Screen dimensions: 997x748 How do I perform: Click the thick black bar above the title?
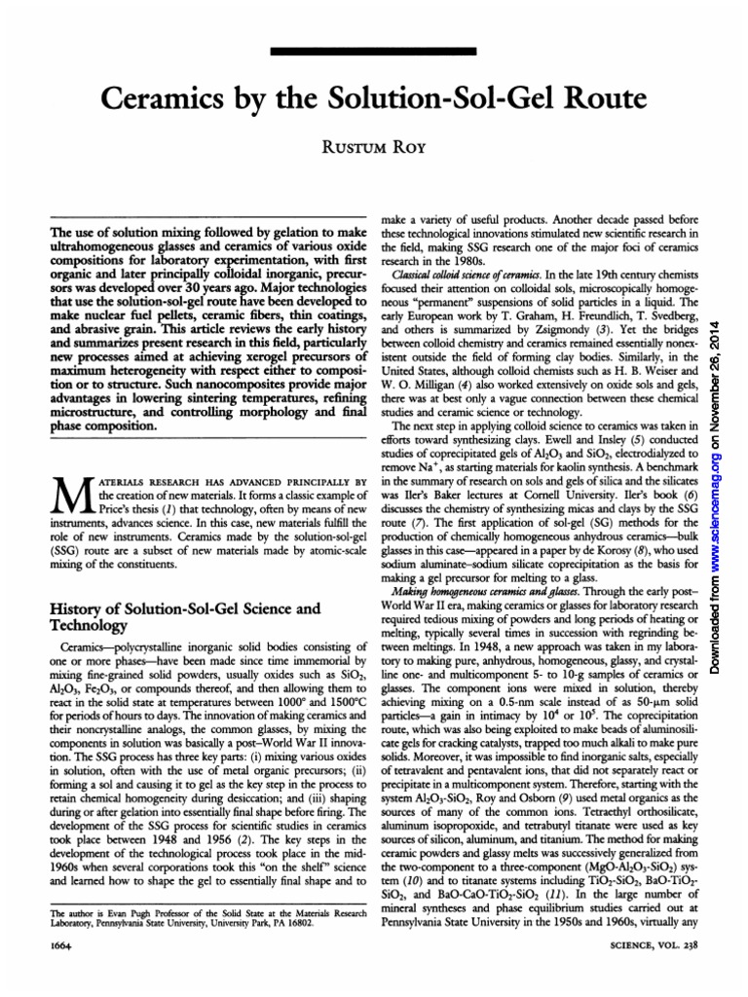pyautogui.click(x=373, y=52)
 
